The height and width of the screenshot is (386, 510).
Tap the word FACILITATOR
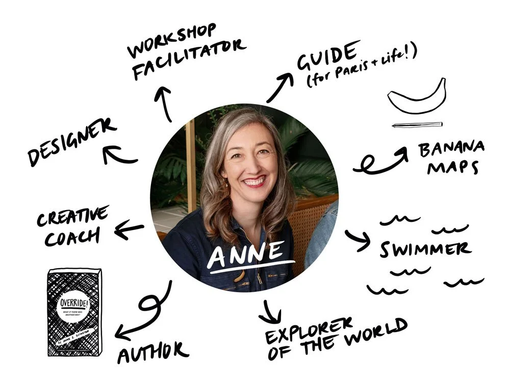click(188, 60)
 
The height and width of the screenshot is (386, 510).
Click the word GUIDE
click(326, 58)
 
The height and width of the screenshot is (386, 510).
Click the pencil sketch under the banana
click(417, 124)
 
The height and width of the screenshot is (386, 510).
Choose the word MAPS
click(452, 167)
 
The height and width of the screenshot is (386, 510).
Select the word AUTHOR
click(152, 351)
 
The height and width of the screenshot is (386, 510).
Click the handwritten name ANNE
click(251, 253)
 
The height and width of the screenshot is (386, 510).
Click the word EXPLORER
click(309, 331)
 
